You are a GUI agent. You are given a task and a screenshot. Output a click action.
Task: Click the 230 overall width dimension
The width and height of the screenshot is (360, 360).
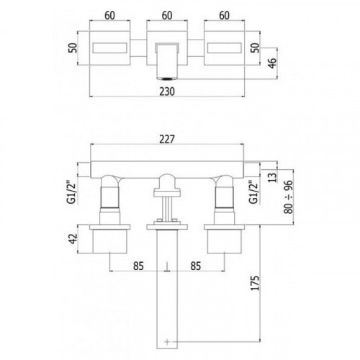tap(167, 91)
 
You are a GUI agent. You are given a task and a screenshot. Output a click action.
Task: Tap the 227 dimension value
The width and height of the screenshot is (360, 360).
tap(167, 139)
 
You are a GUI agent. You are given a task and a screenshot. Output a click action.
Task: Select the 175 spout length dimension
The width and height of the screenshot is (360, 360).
tap(255, 283)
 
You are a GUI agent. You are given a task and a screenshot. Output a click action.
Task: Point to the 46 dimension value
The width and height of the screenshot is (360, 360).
tap(272, 63)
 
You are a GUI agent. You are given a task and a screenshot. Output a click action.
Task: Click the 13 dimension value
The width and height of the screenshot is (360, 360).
tap(272, 177)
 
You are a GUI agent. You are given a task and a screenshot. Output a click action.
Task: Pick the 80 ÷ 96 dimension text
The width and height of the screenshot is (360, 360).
tap(289, 197)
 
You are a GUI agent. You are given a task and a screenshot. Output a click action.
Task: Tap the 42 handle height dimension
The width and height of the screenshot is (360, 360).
tap(73, 238)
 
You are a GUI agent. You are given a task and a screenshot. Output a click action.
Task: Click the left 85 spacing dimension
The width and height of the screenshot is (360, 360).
tap(138, 266)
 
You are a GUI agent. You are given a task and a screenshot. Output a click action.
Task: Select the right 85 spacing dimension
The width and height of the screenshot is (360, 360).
tap(196, 266)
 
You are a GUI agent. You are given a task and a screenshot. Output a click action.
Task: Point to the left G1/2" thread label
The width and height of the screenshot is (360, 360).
tap(71, 193)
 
